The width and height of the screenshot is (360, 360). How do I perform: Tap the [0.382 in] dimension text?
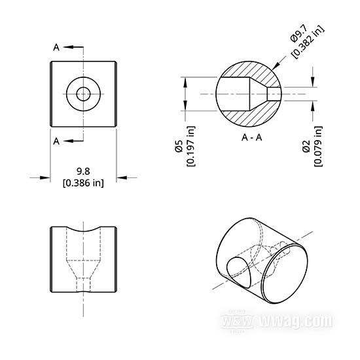308,41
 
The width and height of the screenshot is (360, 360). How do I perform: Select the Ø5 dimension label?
179,146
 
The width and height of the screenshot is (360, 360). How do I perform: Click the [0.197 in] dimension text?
190,146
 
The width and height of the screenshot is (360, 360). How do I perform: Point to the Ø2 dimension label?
306,146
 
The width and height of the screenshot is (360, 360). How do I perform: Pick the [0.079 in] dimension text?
318,146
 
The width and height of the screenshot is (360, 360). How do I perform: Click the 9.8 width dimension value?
83,171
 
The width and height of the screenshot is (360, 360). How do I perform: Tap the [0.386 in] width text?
83,183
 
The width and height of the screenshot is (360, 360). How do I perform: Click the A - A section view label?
251,137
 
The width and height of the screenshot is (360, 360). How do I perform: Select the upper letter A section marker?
56,48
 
